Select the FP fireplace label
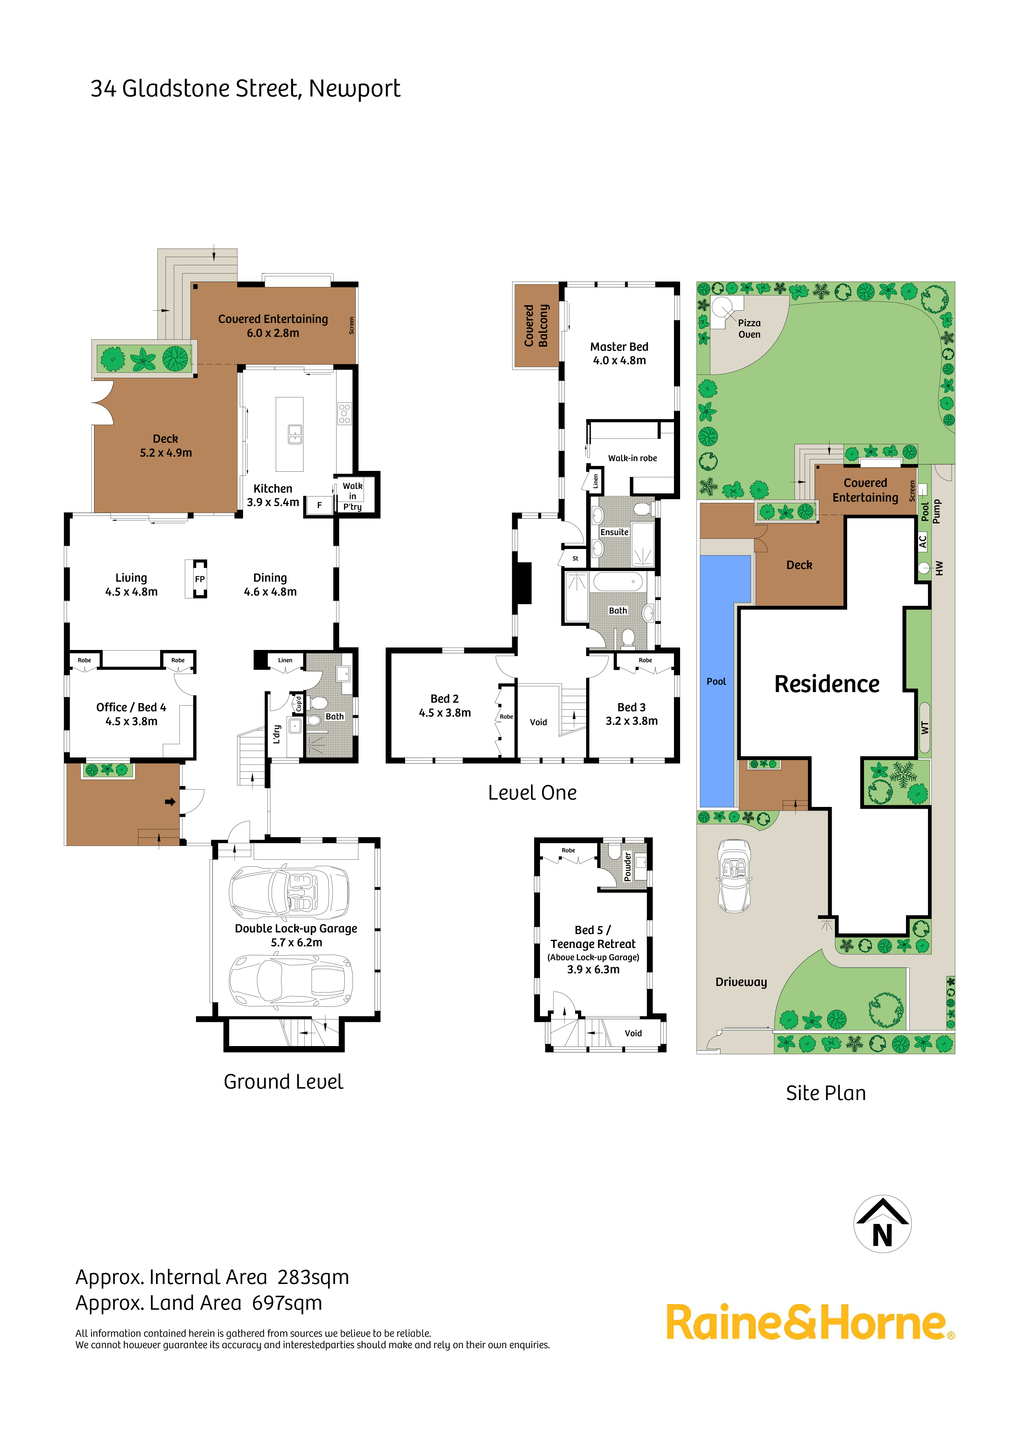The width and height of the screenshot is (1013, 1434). (x=200, y=579)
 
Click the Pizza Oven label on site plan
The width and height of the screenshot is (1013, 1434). (x=749, y=329)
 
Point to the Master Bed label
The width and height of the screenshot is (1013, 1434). (x=619, y=353)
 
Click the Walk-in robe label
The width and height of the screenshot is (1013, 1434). (x=632, y=458)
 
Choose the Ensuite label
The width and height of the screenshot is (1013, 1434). (x=614, y=532)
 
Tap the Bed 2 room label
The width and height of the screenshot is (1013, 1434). (x=444, y=706)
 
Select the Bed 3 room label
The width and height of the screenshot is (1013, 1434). (x=631, y=714)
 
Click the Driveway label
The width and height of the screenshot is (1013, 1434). (x=741, y=982)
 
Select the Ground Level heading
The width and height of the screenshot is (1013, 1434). (x=283, y=1081)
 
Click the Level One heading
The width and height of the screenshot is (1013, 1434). (x=532, y=793)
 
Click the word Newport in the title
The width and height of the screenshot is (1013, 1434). (x=354, y=89)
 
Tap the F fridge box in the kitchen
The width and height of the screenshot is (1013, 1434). (x=319, y=505)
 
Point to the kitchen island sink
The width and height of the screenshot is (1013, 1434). (x=295, y=434)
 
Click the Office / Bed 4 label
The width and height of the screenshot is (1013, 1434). (x=131, y=714)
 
